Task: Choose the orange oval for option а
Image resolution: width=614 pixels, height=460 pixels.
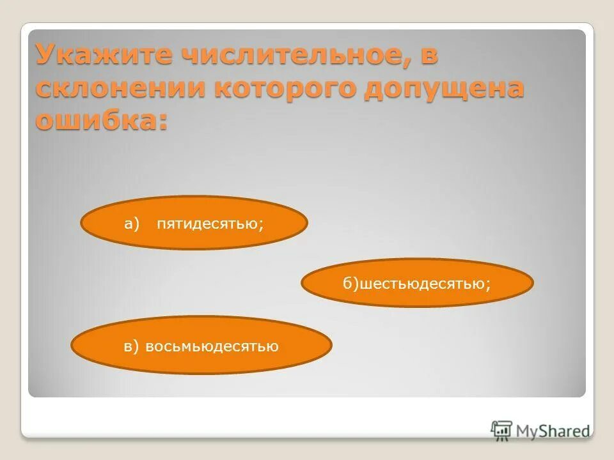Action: click(194, 223)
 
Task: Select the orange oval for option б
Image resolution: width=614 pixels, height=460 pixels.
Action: click(417, 282)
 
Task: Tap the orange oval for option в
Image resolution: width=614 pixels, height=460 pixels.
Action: click(201, 346)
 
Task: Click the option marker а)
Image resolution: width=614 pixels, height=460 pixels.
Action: click(132, 223)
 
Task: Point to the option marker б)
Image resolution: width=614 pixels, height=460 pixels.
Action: click(351, 283)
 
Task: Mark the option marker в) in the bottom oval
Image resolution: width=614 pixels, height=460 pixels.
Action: click(131, 347)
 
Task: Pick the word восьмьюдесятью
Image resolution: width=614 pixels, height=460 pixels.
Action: click(212, 347)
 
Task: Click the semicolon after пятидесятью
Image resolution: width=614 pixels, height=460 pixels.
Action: click(262, 224)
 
